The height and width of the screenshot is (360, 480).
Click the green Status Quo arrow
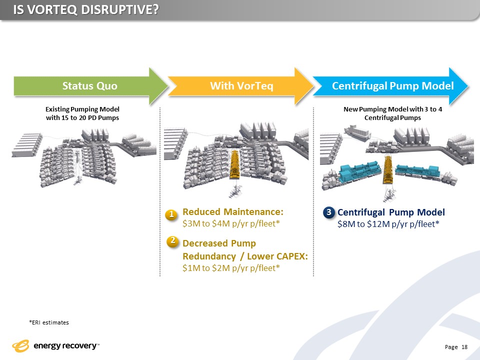[90, 86]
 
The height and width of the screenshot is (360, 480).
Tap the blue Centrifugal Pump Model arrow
[392, 86]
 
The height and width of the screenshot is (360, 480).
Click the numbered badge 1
[171, 214]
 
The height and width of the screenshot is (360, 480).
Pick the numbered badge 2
[172, 241]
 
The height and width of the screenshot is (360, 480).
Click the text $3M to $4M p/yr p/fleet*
[231, 223]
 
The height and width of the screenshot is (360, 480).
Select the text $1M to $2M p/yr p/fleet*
[231, 268]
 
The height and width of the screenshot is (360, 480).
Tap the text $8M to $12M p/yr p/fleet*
[388, 224]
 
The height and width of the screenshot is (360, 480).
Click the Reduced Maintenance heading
[233, 211]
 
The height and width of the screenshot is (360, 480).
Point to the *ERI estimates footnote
[49, 322]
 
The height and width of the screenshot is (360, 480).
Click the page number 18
[464, 347]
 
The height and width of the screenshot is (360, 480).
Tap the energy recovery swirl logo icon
[21, 346]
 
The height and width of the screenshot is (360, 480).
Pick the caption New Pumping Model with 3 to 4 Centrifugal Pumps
[392, 113]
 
